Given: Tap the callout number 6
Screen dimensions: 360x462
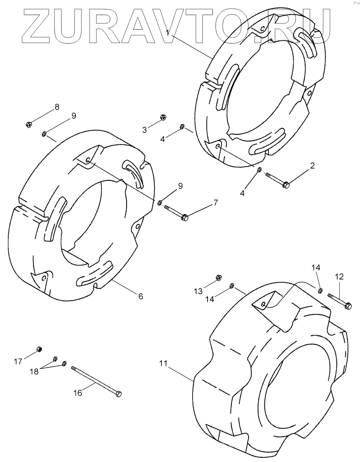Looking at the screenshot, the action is pyautogui.click(x=141, y=296).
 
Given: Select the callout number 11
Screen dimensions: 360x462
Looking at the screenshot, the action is pyautogui.click(x=163, y=364).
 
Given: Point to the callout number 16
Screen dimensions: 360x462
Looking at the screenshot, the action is pyautogui.click(x=77, y=393).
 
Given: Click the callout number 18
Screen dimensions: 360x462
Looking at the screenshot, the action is pyautogui.click(x=34, y=371).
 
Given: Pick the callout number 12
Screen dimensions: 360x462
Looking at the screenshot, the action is pyautogui.click(x=339, y=277).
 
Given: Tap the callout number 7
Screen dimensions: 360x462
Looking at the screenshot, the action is pyautogui.click(x=215, y=203).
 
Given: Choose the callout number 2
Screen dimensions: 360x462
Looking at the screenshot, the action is pyautogui.click(x=312, y=166).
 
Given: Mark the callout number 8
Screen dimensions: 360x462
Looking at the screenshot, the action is pyautogui.click(x=57, y=107).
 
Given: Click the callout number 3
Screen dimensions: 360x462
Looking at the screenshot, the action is pyautogui.click(x=145, y=130).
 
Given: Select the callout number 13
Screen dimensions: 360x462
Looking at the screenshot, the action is pyautogui.click(x=198, y=291).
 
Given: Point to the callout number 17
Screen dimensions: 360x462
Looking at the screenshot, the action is pyautogui.click(x=18, y=361).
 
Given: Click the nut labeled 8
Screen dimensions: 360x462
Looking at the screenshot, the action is pyautogui.click(x=29, y=124).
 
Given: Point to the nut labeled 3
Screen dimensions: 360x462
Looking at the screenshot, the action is pyautogui.click(x=163, y=117).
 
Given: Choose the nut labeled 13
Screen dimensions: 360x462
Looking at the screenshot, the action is pyautogui.click(x=218, y=278).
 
